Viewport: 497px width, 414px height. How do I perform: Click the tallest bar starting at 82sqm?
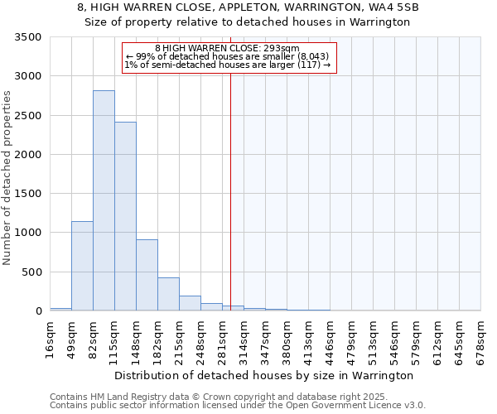tap(104, 200)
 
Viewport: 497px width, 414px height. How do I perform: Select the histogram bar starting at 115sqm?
tap(125, 216)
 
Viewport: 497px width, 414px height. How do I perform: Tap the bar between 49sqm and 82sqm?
tap(82, 266)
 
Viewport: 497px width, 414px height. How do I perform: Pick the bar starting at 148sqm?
tap(147, 275)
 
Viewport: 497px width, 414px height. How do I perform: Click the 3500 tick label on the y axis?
tap(27, 38)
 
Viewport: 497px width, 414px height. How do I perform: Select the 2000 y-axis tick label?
tap(27, 155)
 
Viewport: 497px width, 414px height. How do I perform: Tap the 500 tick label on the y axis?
tap(31, 272)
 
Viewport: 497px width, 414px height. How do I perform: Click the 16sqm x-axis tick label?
tap(51, 338)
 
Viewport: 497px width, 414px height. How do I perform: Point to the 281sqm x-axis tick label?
tap(223, 338)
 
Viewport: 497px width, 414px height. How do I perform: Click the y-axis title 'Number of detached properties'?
tap(8, 178)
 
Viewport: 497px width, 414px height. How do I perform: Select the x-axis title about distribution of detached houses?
tap(263, 375)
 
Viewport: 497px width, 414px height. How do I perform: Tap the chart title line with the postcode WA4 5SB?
tap(248, 7)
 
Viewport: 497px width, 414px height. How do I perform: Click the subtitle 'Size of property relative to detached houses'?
tap(248, 22)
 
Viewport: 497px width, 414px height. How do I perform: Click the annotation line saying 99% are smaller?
tap(228, 56)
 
